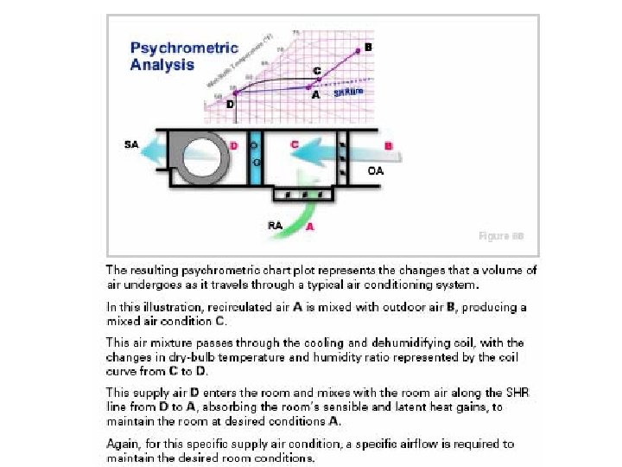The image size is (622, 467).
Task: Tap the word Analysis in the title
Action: [x=162, y=65]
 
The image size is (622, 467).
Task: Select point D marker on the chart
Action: [x=224, y=93]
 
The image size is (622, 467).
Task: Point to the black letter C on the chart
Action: [x=316, y=70]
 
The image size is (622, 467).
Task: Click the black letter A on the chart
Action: [x=316, y=96]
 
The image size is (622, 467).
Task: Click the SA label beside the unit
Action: [x=131, y=144]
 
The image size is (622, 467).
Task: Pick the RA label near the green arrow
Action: [x=276, y=225]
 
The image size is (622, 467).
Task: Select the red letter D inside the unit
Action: [x=233, y=144]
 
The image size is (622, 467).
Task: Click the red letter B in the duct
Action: [x=389, y=145]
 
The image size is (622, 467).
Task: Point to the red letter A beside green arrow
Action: [x=310, y=227]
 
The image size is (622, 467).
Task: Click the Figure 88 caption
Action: [x=501, y=235]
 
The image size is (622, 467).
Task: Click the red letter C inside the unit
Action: [x=295, y=145]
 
